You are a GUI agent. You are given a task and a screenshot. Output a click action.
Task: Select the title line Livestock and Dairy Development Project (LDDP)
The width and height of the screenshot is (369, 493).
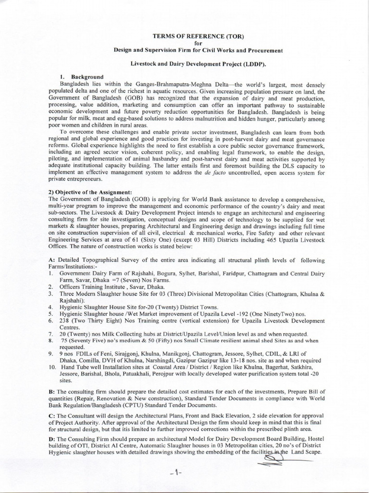coord(198,64)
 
